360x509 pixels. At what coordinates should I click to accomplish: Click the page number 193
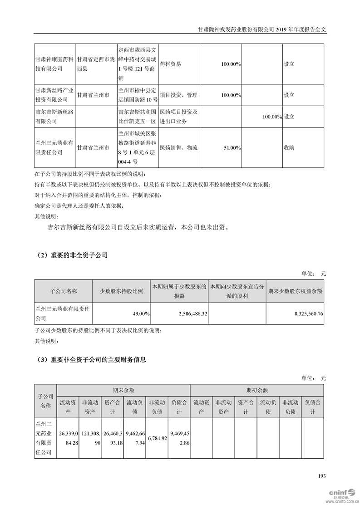(322, 476)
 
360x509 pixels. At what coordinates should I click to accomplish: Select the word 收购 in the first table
(289, 148)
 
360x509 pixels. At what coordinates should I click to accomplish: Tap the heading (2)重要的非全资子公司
(71, 255)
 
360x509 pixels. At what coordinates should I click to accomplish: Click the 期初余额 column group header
(257, 390)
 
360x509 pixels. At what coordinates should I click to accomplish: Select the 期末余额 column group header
(123, 390)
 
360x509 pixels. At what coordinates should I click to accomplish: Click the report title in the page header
(263, 29)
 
